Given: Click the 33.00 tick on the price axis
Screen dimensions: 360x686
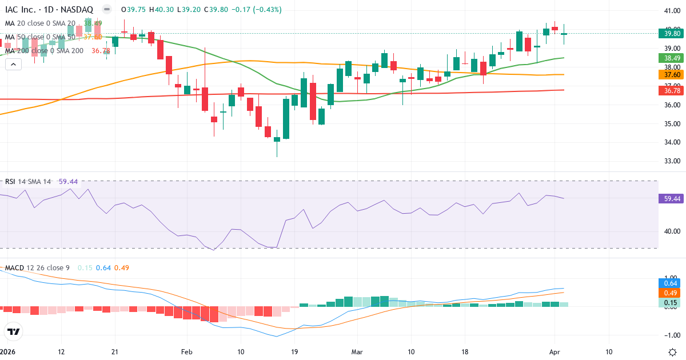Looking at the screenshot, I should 672,161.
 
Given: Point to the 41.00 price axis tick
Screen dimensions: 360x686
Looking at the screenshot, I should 672,11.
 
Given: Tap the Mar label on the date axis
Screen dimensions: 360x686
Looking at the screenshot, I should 356,352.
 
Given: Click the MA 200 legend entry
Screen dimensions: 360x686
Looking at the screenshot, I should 45,51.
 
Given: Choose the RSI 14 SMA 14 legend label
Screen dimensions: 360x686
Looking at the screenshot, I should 28,182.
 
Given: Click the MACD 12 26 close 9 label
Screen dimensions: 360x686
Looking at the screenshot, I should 38,268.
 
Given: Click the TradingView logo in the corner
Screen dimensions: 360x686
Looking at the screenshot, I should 14,331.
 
